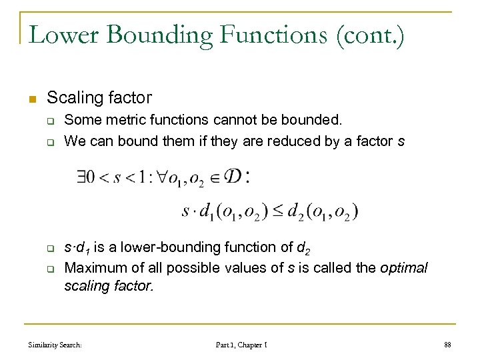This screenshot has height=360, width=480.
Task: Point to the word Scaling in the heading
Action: [73, 98]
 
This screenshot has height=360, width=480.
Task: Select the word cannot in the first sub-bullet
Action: [233, 121]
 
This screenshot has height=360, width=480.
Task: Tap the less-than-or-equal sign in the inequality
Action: [277, 211]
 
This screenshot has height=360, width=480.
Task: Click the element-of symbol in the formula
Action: [215, 177]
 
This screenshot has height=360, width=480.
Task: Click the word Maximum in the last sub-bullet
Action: [92, 267]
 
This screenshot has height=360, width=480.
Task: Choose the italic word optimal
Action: [403, 267]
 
